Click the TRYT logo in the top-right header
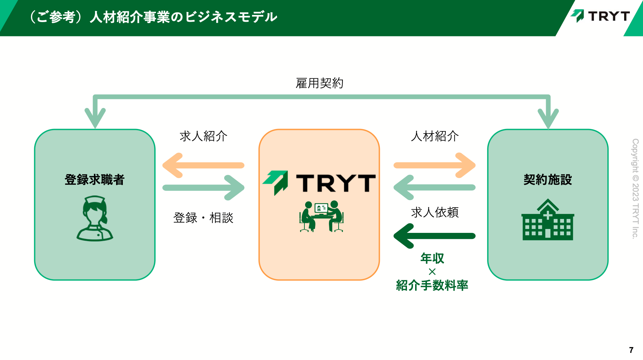tap(600, 16)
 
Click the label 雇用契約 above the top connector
tap(319, 83)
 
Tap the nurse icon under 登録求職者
tap(95, 218)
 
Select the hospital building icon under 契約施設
tap(548, 219)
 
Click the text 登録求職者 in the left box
tap(95, 179)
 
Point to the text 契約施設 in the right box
tap(548, 179)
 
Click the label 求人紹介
tap(203, 136)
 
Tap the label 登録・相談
tap(203, 218)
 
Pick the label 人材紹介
tap(435, 136)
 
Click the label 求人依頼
tap(435, 212)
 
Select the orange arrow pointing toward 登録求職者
tap(203, 165)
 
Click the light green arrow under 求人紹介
tap(203, 188)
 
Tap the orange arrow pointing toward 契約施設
tap(435, 165)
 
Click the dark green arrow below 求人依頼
tap(435, 236)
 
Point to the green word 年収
tap(432, 258)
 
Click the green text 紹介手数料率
tap(432, 285)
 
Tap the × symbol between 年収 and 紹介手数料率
tap(432, 272)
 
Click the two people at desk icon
tap(321, 216)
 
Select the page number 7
tap(631, 350)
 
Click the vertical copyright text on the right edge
tap(636, 189)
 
